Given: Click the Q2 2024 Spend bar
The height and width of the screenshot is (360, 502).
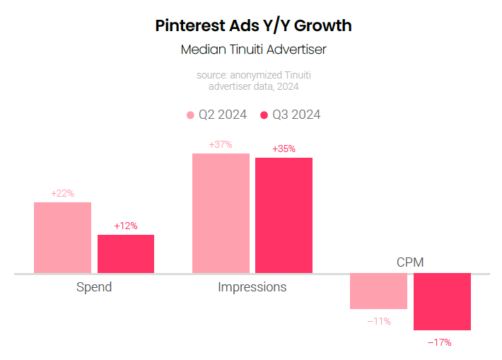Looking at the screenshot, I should [x=62, y=238].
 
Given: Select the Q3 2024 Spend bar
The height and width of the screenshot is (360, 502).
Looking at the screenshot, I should [x=126, y=254].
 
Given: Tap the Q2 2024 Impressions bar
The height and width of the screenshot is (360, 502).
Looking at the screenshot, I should [x=221, y=213].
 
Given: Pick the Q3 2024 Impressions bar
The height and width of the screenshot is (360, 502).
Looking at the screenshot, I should [x=284, y=215].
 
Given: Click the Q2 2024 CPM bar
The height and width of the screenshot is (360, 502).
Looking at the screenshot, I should [x=378, y=291].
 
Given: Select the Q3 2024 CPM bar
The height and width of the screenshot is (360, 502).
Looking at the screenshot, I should [x=442, y=301].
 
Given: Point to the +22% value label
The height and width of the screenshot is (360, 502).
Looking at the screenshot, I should [x=62, y=193].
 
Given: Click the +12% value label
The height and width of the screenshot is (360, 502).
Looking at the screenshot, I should [x=126, y=226].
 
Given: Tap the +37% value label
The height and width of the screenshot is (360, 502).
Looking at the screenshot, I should [x=221, y=144].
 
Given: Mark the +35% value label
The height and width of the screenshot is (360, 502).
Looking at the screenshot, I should [x=284, y=149].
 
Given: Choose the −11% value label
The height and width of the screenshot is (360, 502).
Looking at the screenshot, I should [x=379, y=321].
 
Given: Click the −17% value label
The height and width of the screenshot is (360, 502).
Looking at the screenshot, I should [x=439, y=342].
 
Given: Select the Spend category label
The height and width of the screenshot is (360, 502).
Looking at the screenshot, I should [x=94, y=287].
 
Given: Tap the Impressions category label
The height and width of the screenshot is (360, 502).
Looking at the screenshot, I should [x=252, y=287].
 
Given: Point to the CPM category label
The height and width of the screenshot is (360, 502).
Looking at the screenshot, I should [x=410, y=262].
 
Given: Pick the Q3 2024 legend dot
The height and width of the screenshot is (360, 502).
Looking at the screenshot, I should [x=264, y=115].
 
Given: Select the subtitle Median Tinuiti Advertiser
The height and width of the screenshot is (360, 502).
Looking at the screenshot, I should [x=253, y=50].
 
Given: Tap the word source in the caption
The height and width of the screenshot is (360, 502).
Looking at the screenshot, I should [x=212, y=74].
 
